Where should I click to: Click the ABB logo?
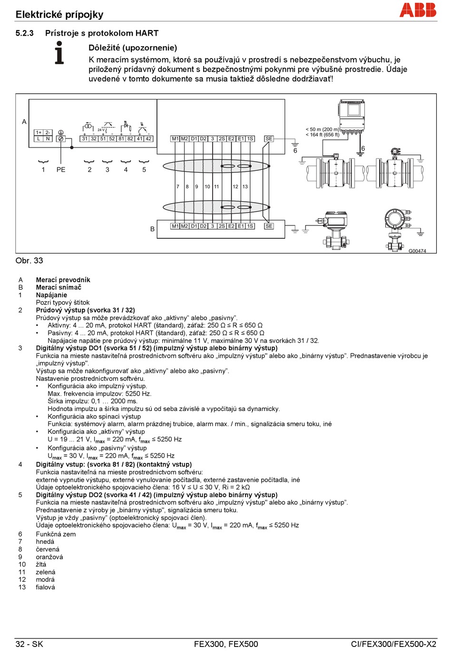(x=418, y=10)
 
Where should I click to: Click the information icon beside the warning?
(x=59, y=53)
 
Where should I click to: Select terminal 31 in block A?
(x=85, y=139)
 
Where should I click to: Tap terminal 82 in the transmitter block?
(x=130, y=139)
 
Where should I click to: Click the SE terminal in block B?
(x=269, y=226)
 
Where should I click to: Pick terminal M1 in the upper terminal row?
(x=175, y=139)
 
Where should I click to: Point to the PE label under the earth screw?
(x=61, y=170)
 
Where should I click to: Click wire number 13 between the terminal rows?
(x=245, y=187)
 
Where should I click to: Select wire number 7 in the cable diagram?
(x=178, y=187)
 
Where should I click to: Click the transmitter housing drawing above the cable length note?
(x=352, y=115)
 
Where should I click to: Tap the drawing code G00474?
(x=417, y=251)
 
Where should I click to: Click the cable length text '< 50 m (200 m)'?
(x=322, y=129)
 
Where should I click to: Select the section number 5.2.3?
(x=24, y=33)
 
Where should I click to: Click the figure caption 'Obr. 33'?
(x=29, y=261)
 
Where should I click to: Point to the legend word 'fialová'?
(x=45, y=587)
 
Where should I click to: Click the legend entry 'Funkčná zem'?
(x=56, y=534)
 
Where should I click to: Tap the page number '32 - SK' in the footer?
(x=29, y=644)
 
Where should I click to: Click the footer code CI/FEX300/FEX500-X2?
(x=393, y=644)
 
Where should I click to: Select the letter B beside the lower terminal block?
(x=152, y=229)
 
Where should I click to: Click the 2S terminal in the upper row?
(x=222, y=139)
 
